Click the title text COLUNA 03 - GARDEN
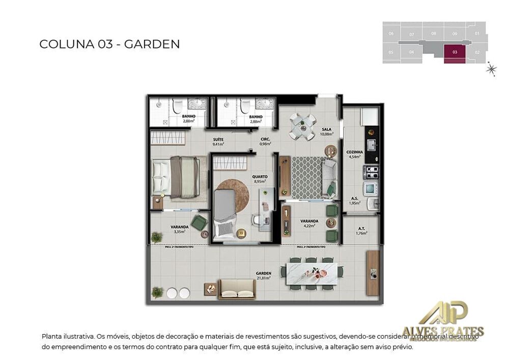(109, 44)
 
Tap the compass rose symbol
(491, 69)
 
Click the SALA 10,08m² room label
(326, 132)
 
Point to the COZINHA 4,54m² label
(354, 154)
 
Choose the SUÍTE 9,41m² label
(218, 142)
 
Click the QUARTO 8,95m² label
(260, 179)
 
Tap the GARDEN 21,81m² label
(264, 275)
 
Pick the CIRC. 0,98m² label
(265, 142)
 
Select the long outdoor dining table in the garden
(311, 273)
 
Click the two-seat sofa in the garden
(237, 289)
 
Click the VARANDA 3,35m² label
(179, 229)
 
